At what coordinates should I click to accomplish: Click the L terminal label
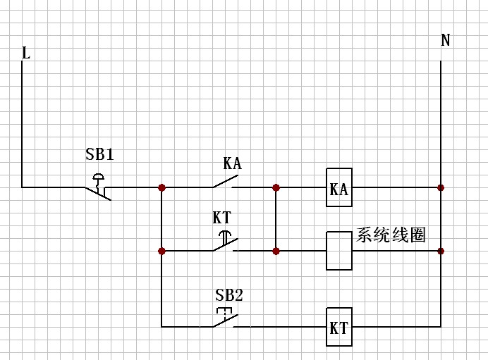pyautogui.click(x=26, y=53)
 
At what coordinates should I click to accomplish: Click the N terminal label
pyautogui.click(x=445, y=40)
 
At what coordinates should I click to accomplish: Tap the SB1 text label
pyautogui.click(x=99, y=154)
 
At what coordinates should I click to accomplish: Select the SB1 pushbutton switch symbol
pyautogui.click(x=99, y=185)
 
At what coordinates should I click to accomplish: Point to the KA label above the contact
pyautogui.click(x=232, y=164)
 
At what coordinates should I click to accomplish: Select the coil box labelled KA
pyautogui.click(x=338, y=188)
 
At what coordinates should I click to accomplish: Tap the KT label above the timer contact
pyautogui.click(x=222, y=217)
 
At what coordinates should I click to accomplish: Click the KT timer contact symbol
pyautogui.click(x=225, y=243)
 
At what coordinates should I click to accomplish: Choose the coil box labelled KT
pyautogui.click(x=338, y=328)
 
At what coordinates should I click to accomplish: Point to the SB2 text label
pyautogui.click(x=228, y=295)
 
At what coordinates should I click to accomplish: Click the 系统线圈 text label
pyautogui.click(x=391, y=235)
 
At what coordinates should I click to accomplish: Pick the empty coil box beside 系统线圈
pyautogui.click(x=338, y=251)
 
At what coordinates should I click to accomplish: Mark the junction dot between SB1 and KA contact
pyautogui.click(x=161, y=187)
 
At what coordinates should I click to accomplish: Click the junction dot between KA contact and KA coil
pyautogui.click(x=276, y=187)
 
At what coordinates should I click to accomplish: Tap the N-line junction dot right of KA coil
pyautogui.click(x=441, y=187)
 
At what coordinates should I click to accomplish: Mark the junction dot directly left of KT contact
pyautogui.click(x=161, y=251)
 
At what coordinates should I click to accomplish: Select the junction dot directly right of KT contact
pyautogui.click(x=276, y=251)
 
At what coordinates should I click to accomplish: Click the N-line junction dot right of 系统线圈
pyautogui.click(x=441, y=251)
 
